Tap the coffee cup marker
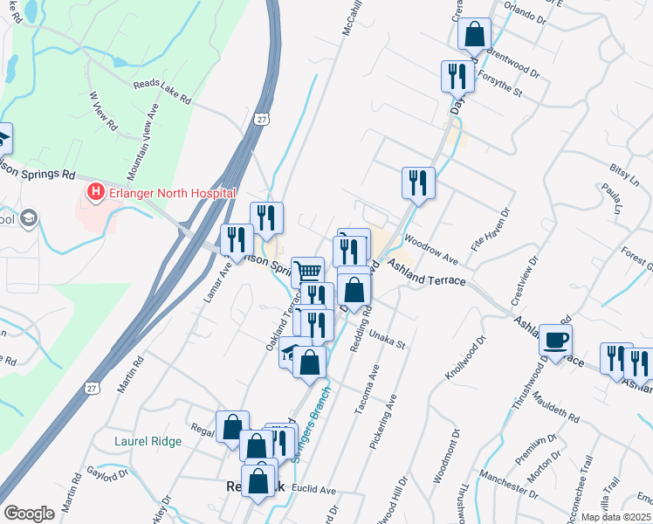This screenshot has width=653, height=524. tap(554, 339)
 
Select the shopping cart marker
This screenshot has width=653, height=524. tap(307, 272)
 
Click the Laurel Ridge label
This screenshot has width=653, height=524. tap(148, 441)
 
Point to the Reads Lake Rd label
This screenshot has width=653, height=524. tap(162, 93)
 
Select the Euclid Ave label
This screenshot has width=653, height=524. tap(314, 489)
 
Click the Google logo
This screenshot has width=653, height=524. tap(29, 514)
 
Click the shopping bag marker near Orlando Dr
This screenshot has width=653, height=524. tap(474, 34)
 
